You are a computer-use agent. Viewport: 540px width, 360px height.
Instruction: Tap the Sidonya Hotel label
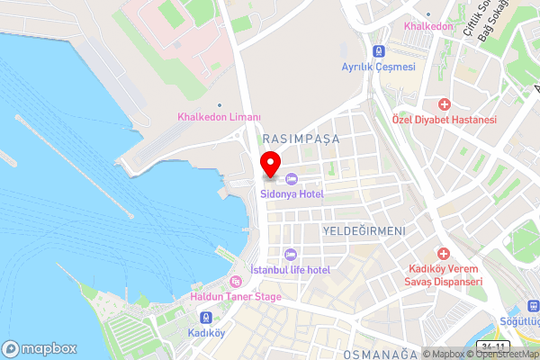tap(292, 193)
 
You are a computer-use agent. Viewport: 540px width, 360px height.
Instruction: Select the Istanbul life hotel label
tap(290, 270)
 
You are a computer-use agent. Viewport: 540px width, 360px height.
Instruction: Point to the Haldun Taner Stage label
tap(236, 296)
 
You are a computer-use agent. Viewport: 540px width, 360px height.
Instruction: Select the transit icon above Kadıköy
tap(207, 317)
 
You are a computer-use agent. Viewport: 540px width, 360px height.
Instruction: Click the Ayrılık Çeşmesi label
tap(378, 67)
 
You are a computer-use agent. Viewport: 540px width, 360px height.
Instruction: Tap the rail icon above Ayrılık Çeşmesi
tap(379, 52)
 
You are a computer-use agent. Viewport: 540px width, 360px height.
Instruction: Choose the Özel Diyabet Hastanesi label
tap(445, 120)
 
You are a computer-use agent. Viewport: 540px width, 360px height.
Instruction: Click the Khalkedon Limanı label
tap(219, 118)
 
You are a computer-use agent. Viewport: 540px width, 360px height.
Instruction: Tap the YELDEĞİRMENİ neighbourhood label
tap(363, 231)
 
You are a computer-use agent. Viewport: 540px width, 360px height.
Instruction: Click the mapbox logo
tap(40, 348)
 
